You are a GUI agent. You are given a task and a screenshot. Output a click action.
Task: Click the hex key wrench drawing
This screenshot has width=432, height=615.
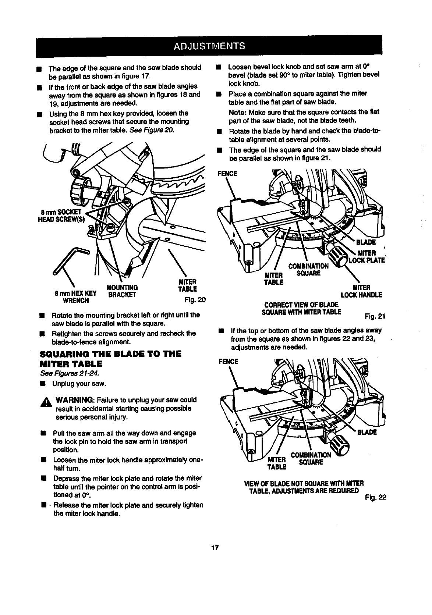pyautogui.click(x=70, y=259)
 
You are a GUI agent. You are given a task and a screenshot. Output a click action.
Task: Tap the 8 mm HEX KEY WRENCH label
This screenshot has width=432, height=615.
pyautogui.click(x=75, y=296)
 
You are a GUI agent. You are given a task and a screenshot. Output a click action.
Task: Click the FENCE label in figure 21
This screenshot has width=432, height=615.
pyautogui.click(x=227, y=174)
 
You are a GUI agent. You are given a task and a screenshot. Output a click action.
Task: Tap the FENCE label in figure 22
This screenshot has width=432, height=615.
pyautogui.click(x=228, y=362)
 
